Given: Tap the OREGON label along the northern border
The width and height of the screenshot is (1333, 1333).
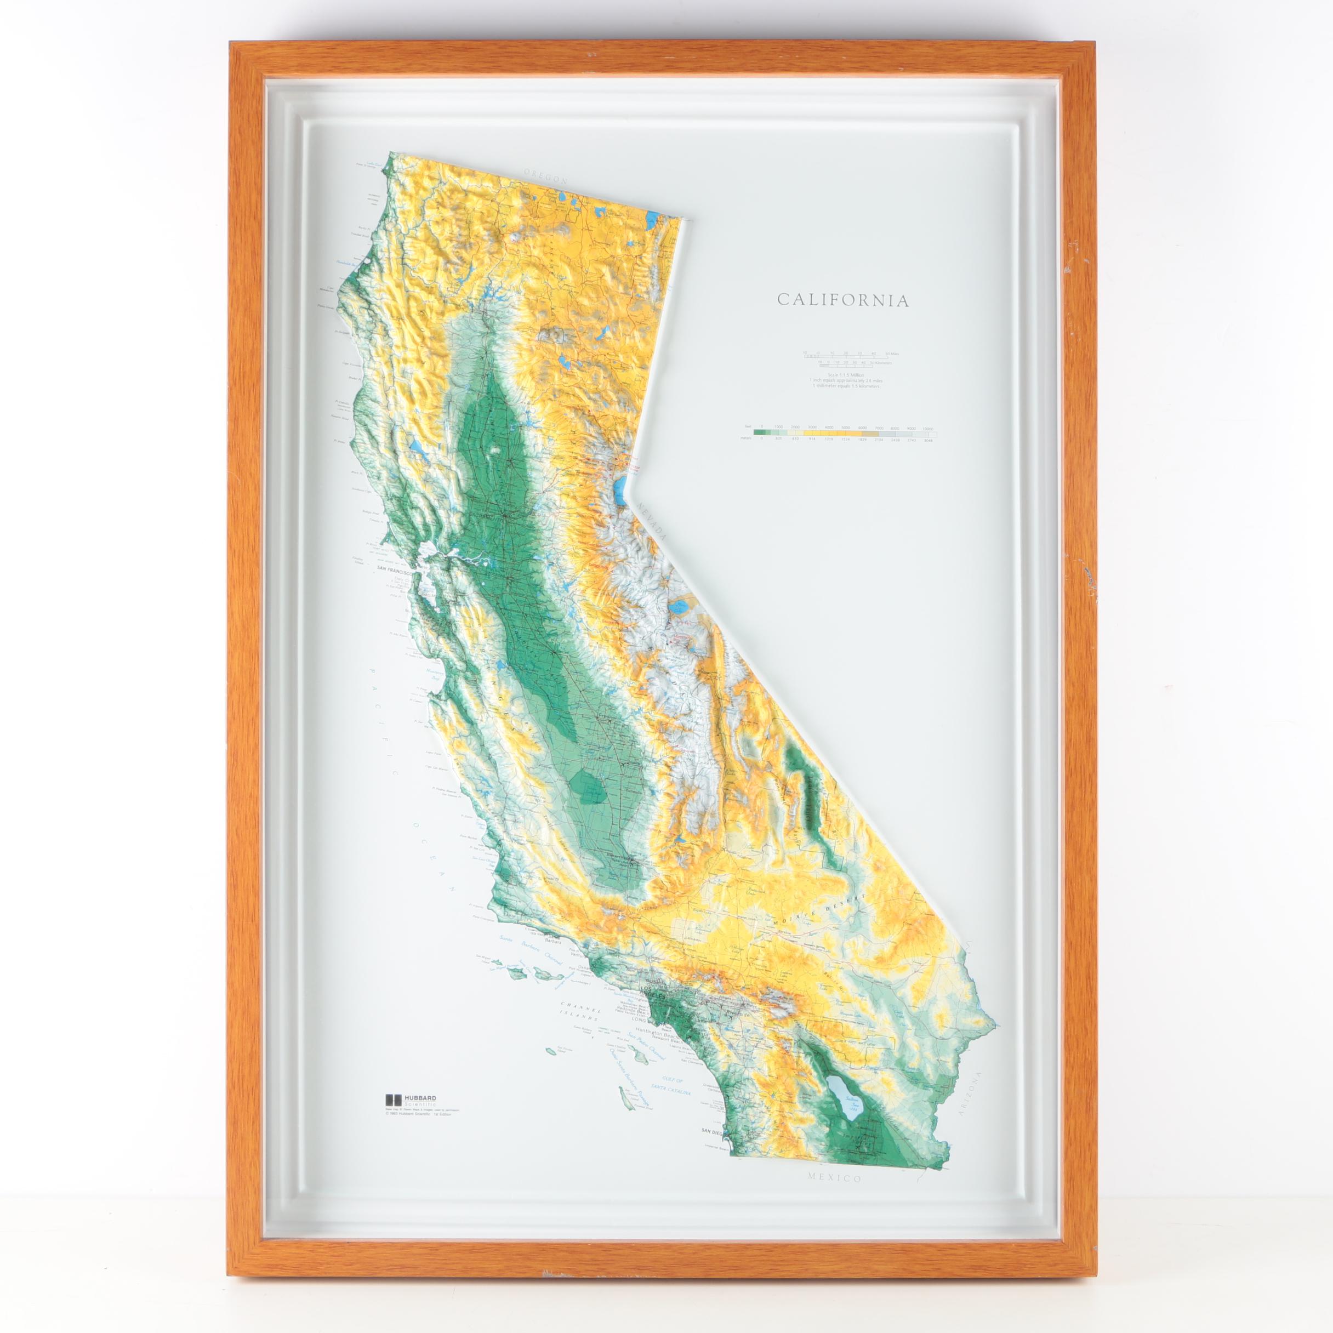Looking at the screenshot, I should pyautogui.click(x=545, y=176).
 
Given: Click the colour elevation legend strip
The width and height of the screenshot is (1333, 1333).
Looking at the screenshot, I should pyautogui.click(x=845, y=434).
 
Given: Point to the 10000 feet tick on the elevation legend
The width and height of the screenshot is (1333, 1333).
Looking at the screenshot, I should pyautogui.click(x=928, y=427).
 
